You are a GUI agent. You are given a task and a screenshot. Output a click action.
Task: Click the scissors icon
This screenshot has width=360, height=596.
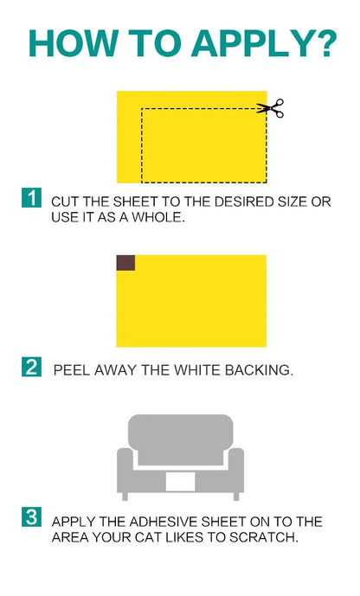[x=272, y=109]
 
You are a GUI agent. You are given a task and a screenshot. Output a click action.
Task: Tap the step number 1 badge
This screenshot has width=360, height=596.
[x=31, y=197]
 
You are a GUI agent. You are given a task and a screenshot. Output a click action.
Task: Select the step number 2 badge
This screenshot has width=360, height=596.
[x=31, y=367]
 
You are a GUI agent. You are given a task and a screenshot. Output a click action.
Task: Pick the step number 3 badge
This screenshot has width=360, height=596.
[x=31, y=518]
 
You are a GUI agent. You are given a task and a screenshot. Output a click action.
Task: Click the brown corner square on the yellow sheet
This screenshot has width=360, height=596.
[x=125, y=263]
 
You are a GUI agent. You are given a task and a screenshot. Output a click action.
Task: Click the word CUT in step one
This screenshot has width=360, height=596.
[x=66, y=202]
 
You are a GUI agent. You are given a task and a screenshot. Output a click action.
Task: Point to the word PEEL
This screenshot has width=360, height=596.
[x=71, y=370]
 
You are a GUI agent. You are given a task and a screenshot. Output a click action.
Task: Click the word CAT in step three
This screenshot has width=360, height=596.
[x=174, y=537]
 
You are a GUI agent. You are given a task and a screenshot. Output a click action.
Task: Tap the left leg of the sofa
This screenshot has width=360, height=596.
[x=125, y=495]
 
